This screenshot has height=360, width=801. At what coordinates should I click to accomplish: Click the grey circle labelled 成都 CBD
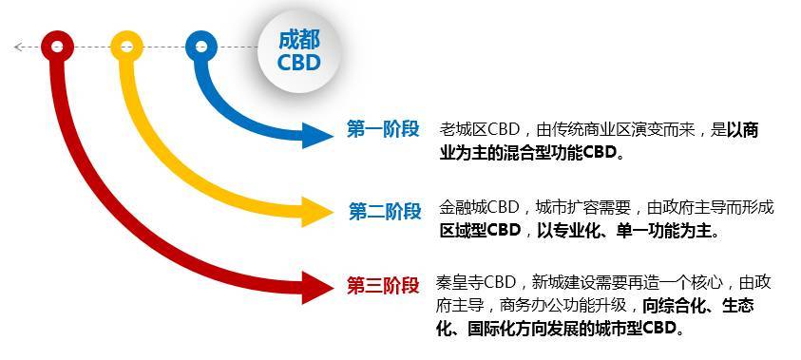click(299, 51)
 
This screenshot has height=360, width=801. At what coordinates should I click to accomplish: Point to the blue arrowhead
click(316, 136)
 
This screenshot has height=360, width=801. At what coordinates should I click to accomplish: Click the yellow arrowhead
click(316, 212)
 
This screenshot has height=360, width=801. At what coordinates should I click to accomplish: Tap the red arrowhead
click(316, 288)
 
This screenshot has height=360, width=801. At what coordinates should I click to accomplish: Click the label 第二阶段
click(385, 211)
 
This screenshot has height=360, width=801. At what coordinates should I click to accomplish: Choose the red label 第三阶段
click(383, 286)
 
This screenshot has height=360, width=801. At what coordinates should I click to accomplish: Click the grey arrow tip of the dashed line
click(15, 47)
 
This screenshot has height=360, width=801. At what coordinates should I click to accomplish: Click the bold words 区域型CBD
click(480, 231)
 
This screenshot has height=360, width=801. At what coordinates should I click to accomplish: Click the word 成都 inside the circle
click(299, 40)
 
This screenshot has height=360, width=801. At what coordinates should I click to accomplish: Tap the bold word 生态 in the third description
click(737, 305)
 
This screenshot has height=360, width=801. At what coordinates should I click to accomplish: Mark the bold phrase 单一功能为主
click(663, 231)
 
